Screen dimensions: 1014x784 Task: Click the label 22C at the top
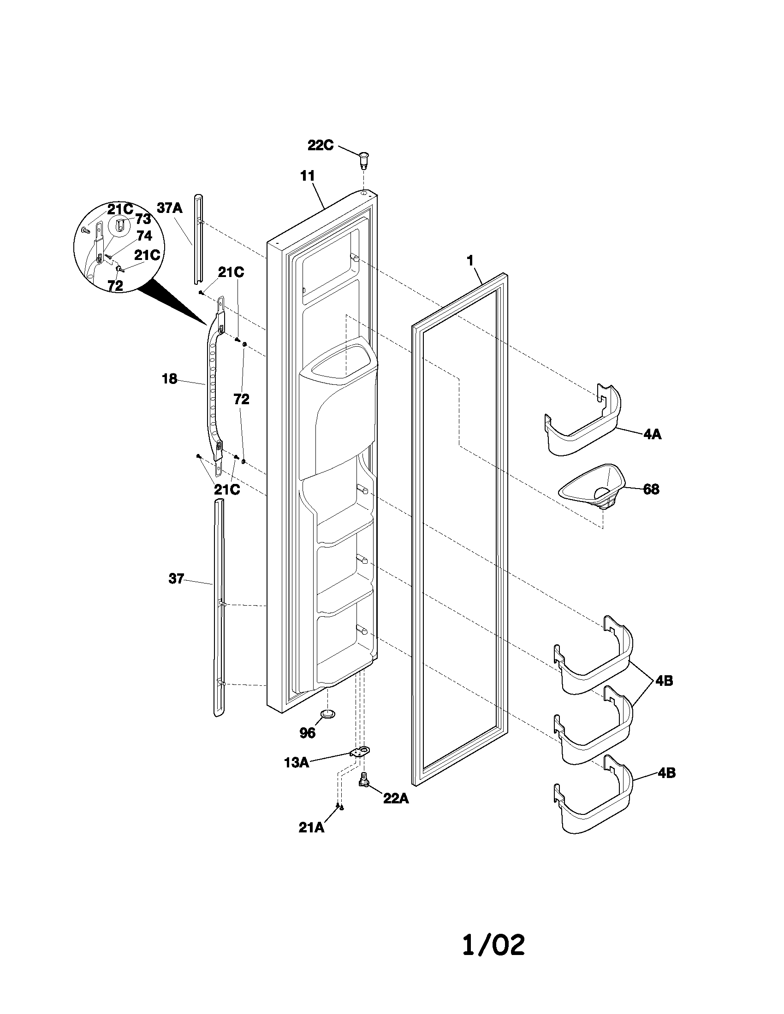320,145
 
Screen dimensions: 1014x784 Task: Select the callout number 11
307,176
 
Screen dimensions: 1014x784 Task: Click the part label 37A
169,208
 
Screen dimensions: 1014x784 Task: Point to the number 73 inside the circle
143,219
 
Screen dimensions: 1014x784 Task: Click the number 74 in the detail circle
144,236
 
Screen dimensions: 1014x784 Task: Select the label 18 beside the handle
169,379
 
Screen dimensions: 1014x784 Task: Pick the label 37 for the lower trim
176,579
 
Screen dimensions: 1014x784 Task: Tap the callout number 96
308,733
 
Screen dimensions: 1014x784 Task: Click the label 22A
396,799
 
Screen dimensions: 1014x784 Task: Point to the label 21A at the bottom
311,827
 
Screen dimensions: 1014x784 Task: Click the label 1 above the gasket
470,261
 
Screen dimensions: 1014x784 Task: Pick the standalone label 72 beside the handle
241,399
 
